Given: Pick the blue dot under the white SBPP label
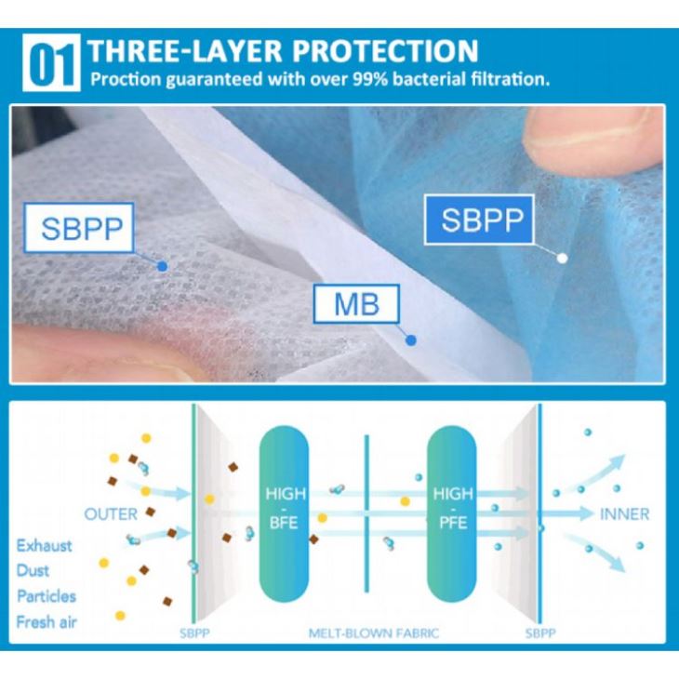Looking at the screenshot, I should tap(162, 266).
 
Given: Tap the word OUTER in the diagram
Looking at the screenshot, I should tap(111, 513).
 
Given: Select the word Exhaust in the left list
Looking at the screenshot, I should tap(45, 545).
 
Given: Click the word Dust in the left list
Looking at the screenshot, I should tap(33, 570).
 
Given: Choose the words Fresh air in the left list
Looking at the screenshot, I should tap(46, 621).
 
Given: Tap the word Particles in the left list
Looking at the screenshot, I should tap(46, 596).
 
